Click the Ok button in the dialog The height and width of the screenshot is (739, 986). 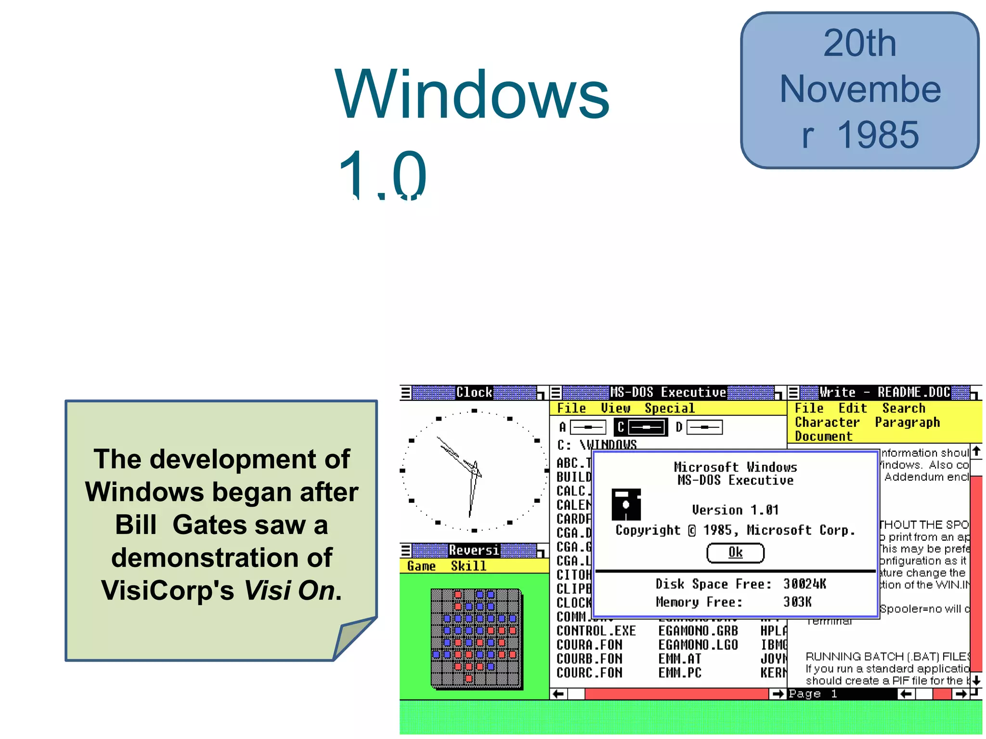coord(735,552)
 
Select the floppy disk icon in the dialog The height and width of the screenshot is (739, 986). coord(626,504)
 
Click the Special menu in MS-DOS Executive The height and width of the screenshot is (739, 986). coord(669,408)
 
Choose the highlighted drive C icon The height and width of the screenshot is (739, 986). coord(641,427)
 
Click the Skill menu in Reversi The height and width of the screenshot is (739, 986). coord(468,566)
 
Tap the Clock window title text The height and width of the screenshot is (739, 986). coord(474,393)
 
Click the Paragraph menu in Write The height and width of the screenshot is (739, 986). coord(907,422)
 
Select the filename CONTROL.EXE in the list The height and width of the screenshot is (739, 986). coord(596,631)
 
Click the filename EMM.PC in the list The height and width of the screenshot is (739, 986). coord(679,673)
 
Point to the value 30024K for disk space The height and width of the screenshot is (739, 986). coord(804,584)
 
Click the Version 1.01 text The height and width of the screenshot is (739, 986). coord(735,510)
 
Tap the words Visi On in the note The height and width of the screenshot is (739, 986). coord(289,590)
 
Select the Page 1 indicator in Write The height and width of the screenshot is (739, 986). coord(813,693)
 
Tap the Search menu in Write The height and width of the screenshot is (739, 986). coord(903,408)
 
